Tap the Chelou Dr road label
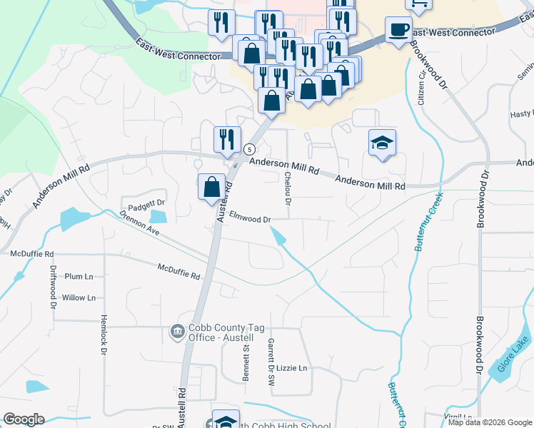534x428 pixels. (x=288, y=188)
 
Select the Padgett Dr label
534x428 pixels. (x=148, y=203)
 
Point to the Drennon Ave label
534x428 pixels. (x=139, y=222)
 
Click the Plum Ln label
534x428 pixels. (x=79, y=276)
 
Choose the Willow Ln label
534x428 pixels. (x=79, y=297)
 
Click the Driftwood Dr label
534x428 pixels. (x=53, y=287)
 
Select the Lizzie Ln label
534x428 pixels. (x=291, y=368)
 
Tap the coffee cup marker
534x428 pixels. (x=398, y=30)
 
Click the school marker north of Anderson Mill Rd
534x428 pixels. (x=382, y=143)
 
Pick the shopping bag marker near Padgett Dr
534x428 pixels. (x=211, y=187)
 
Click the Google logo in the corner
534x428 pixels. (x=24, y=419)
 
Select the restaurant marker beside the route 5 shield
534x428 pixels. (x=227, y=139)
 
